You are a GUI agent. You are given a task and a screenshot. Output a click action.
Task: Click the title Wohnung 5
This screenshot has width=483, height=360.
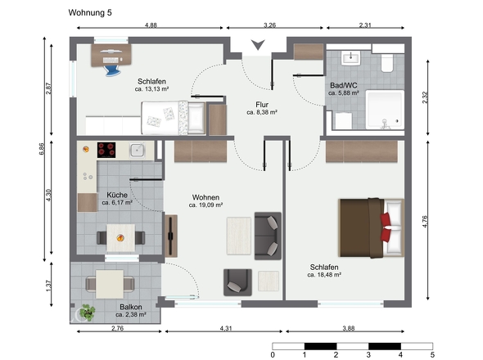[90, 12]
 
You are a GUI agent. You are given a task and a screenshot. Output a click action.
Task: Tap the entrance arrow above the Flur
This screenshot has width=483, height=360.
[258, 45]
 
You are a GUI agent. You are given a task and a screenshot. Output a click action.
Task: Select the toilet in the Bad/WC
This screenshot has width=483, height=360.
[387, 63]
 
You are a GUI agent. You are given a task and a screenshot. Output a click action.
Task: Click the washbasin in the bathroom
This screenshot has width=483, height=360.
[350, 58]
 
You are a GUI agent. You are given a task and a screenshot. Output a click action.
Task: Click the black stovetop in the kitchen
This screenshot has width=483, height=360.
[106, 150]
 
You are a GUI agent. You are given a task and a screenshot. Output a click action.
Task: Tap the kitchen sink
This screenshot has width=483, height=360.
[138, 150]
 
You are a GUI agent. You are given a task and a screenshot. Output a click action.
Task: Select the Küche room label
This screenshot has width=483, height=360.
[117, 195]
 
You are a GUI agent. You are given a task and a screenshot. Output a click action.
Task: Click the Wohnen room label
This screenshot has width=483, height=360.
[205, 197]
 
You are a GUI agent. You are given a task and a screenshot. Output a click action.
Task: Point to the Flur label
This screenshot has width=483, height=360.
[262, 105]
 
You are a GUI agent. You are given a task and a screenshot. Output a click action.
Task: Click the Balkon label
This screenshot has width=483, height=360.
[131, 307]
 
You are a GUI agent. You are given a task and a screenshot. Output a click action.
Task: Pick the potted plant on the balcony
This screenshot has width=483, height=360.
[87, 313]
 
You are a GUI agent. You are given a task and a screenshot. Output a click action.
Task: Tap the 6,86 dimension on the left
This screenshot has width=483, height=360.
[42, 149]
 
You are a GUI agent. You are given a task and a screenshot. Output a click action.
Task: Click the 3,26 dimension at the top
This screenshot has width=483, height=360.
[270, 25]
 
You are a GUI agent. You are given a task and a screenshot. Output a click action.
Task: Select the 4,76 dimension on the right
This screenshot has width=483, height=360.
[425, 222]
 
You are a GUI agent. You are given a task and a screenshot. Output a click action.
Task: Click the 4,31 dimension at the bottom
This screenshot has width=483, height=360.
[226, 328]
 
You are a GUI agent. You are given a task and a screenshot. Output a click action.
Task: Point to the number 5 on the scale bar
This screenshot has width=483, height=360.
[432, 354]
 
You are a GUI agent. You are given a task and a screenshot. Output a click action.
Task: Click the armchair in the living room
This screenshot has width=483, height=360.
[237, 282]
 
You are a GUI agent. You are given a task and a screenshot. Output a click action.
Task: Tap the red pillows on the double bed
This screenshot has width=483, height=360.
[386, 227]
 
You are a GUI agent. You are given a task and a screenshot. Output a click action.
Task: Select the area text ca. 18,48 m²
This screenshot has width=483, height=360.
[324, 275]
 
